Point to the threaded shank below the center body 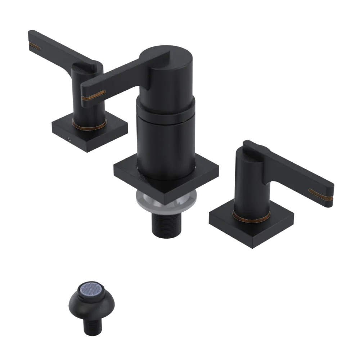point(166,225)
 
